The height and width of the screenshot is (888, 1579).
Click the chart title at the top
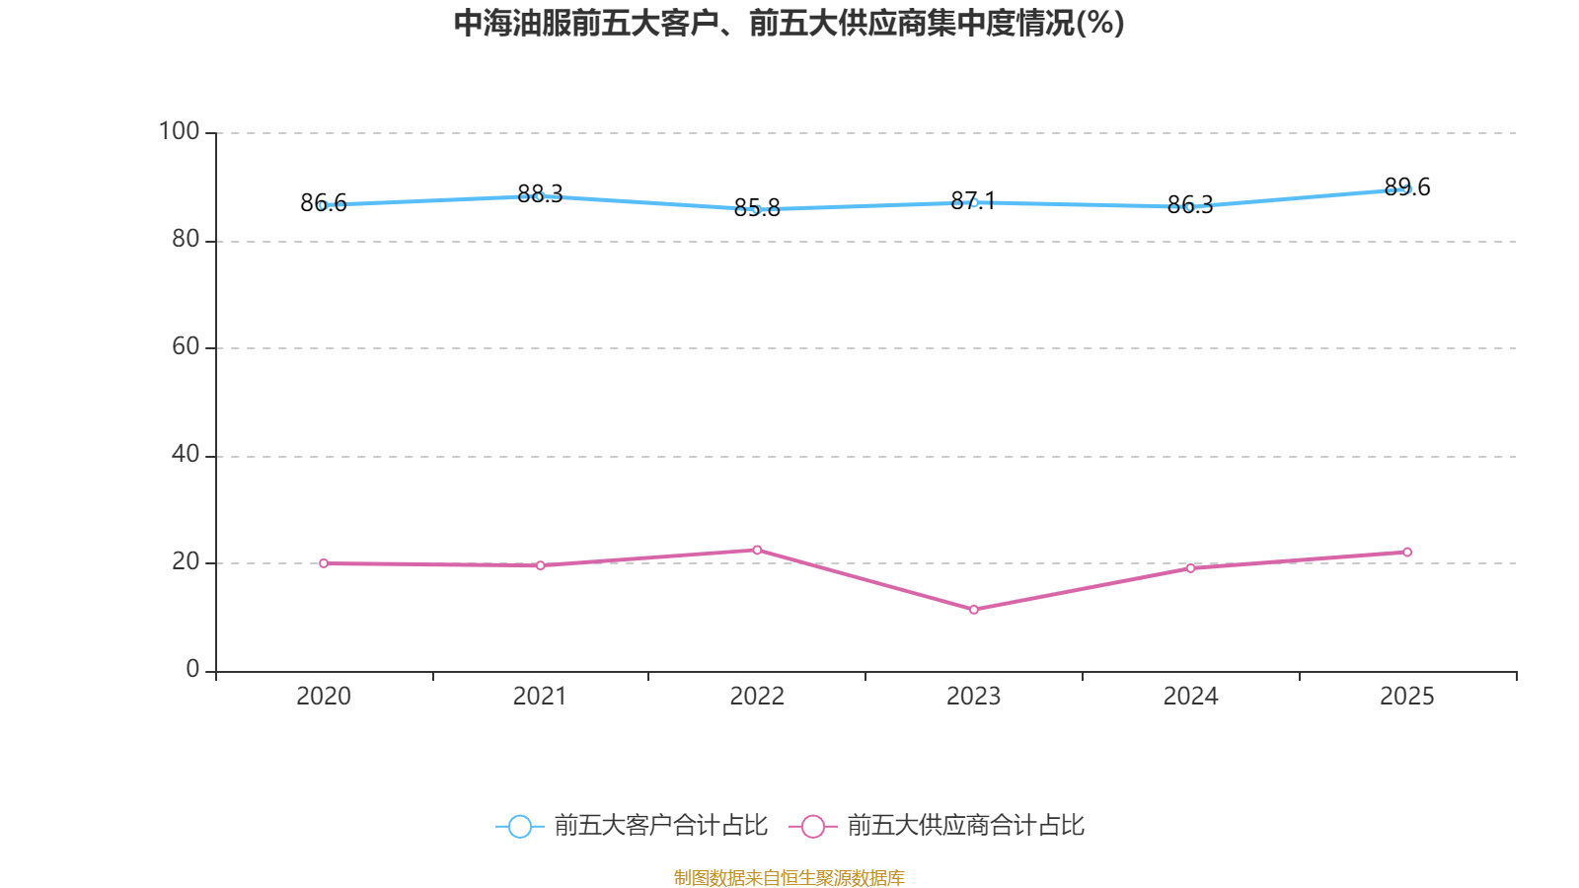(789, 23)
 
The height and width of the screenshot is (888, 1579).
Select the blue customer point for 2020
(324, 205)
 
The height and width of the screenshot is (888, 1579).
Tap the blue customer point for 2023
(974, 202)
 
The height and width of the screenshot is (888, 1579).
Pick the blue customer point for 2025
(1407, 188)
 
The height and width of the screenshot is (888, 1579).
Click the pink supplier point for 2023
(974, 610)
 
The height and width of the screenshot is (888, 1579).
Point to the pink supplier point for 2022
(757, 550)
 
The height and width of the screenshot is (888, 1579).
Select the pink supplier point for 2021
(540, 565)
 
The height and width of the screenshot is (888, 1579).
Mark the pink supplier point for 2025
(1407, 553)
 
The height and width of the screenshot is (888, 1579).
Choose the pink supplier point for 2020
(324, 563)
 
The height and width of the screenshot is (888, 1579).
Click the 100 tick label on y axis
(179, 131)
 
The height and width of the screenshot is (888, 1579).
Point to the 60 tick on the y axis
(186, 346)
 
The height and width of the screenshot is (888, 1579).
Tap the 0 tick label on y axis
(192, 669)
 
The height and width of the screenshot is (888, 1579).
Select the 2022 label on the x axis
(757, 697)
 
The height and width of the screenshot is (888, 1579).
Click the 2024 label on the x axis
(1190, 697)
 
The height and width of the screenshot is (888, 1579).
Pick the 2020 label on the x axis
(324, 697)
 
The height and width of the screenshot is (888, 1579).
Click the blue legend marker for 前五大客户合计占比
(519, 826)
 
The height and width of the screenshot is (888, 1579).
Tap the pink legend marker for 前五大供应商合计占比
(812, 826)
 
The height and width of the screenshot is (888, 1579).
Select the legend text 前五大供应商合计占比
(965, 826)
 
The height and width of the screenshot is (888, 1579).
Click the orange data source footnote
(789, 877)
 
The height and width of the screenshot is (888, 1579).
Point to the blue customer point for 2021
(540, 196)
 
